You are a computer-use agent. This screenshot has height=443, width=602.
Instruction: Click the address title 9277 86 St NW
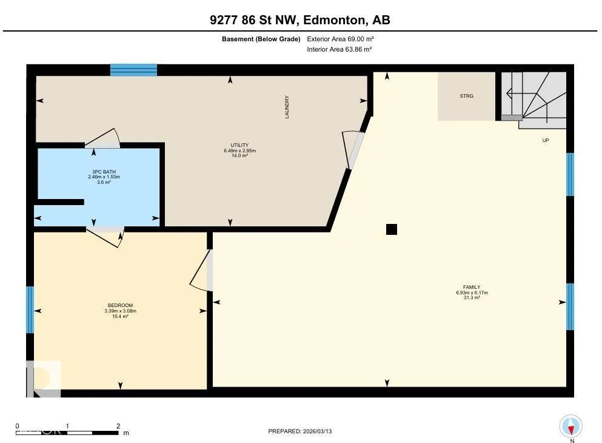[x=254, y=20]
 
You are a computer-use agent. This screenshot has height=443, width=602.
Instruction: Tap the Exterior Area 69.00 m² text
[x=340, y=39]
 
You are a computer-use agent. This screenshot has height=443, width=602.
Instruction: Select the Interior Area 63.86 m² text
[x=339, y=49]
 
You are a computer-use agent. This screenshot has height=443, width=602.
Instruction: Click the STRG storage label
[x=466, y=96]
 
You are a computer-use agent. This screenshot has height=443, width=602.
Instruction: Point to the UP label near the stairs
[x=546, y=140]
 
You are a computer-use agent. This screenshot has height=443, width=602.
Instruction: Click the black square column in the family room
[x=392, y=229]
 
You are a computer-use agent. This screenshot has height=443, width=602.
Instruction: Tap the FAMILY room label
[x=472, y=287]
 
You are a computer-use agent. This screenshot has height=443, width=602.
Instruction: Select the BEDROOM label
[x=120, y=305]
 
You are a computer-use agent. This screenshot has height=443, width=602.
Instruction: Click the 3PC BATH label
[x=104, y=172]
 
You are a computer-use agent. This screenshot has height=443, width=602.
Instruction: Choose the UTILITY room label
[x=239, y=145]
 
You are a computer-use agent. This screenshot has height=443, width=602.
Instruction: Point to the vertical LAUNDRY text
[x=287, y=107]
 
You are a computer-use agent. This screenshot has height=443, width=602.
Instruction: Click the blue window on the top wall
[x=133, y=70]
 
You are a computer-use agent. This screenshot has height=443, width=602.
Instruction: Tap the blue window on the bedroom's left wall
[x=30, y=309]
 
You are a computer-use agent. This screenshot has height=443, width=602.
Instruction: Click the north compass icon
[x=571, y=427]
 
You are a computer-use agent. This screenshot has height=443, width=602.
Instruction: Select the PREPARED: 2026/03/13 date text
[x=300, y=431]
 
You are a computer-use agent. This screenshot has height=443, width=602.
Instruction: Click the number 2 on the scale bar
[x=118, y=426]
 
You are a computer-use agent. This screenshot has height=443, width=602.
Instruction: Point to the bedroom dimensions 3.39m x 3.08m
[x=120, y=311]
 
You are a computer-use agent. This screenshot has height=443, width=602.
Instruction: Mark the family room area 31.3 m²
[x=472, y=298]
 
